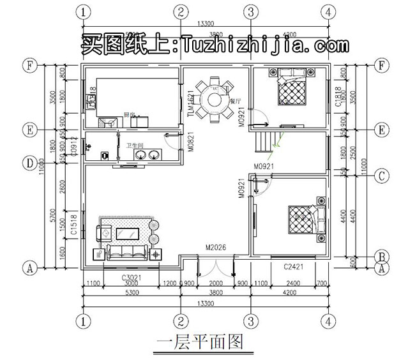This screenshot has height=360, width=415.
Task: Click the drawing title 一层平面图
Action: pos(200,342)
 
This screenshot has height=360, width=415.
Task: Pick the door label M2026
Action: pos(216,248)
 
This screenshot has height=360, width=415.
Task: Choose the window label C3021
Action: pos(132,278)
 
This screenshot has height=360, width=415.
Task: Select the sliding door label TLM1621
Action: pos(190,102)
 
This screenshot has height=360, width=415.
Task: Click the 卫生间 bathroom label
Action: pos(133,146)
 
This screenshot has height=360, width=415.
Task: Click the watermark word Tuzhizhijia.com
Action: pos(266,45)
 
